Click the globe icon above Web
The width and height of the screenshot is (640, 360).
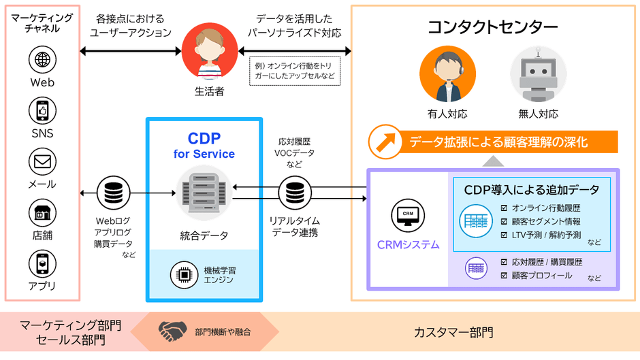point(42,59)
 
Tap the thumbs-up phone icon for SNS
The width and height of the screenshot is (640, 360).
point(42,110)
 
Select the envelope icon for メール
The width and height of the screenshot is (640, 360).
point(42,161)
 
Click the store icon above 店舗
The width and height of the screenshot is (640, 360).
point(42,212)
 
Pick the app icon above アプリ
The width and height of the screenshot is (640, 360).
point(42,263)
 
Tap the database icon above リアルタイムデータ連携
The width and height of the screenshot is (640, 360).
point(294,193)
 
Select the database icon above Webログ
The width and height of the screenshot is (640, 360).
point(110,193)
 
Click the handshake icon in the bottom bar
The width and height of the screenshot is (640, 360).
point(173,331)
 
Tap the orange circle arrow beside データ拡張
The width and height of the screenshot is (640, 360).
point(382,142)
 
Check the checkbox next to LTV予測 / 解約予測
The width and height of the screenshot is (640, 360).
point(504,235)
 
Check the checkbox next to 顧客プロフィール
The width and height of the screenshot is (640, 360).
point(504,276)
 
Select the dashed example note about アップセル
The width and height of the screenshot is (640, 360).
point(295,71)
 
